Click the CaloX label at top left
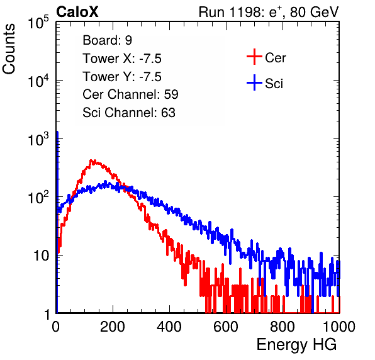tap(77, 12)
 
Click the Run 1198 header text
tap(269, 12)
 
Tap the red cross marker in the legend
tap(254, 57)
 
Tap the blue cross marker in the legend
tap(254, 82)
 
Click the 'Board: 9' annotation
tap(107, 40)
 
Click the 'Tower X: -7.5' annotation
tap(122, 59)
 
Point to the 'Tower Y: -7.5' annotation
tap(122, 77)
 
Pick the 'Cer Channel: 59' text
tap(130, 94)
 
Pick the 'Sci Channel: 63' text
tap(129, 113)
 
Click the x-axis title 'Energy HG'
tap(296, 345)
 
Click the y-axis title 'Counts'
tap(9, 49)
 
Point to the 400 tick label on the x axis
tap(169, 327)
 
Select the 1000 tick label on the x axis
tap(339, 327)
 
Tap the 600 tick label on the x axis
tap(226, 327)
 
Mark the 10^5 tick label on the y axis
tap(38, 22)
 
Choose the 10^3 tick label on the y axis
tap(38, 138)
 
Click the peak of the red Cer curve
tap(91, 160)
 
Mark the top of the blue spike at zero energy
tap(57, 132)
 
